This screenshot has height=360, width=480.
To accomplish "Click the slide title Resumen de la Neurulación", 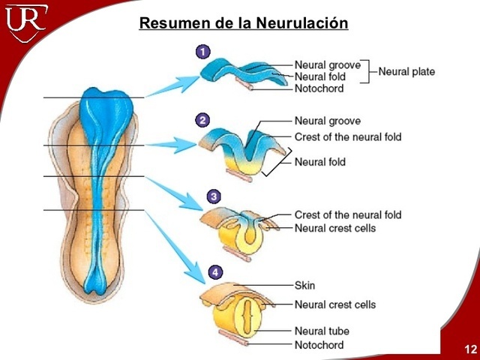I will point(244,23).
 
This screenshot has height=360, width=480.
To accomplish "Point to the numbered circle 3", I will point(214,196).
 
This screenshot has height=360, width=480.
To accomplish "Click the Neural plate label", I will point(406,72).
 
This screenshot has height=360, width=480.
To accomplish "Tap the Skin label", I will point(305,286).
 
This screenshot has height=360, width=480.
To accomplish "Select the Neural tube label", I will point(322,331).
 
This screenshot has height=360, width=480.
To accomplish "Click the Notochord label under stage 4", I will point(319,345).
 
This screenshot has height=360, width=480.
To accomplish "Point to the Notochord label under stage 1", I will point(319,88).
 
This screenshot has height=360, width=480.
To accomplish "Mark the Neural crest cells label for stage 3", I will point(335,228).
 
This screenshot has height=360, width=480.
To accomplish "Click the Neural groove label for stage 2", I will point(328,121).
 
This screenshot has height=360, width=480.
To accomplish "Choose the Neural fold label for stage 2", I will point(320,162).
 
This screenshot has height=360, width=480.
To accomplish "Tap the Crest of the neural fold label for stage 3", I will point(348,215).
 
